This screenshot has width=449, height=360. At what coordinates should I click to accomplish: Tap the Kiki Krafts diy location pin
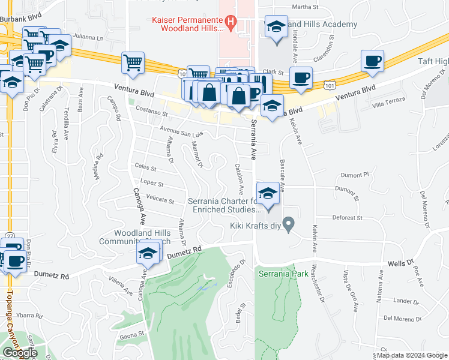point(289,226)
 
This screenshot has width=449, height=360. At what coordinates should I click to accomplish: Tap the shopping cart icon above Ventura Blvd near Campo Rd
point(133,63)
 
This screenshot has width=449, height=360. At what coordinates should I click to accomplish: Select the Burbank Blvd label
point(21,19)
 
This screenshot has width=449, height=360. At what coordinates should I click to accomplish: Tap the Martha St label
point(304,7)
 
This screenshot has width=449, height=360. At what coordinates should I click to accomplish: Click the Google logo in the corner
point(20,352)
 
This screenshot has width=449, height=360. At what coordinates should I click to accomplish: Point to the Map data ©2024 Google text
point(412,355)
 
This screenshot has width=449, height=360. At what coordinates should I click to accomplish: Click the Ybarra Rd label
point(29,316)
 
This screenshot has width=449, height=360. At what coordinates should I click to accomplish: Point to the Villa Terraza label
point(387,104)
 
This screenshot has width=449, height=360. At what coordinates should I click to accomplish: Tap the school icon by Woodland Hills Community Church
point(148,254)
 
